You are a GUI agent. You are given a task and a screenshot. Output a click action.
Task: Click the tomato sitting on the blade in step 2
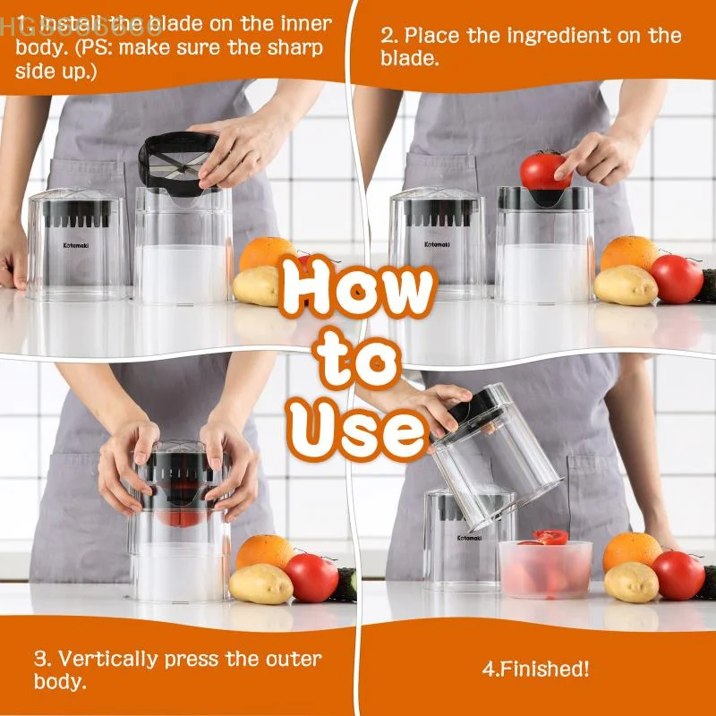(545, 169)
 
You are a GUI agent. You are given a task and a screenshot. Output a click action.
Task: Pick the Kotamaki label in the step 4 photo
(468, 538)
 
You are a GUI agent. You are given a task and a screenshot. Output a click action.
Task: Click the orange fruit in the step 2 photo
(629, 255)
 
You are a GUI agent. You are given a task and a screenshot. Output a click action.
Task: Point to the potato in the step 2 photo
(626, 286)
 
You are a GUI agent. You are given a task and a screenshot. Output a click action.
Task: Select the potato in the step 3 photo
(260, 584)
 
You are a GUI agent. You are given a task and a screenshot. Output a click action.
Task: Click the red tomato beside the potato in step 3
(311, 577)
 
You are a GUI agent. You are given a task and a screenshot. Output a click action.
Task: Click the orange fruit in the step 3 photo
(265, 551)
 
